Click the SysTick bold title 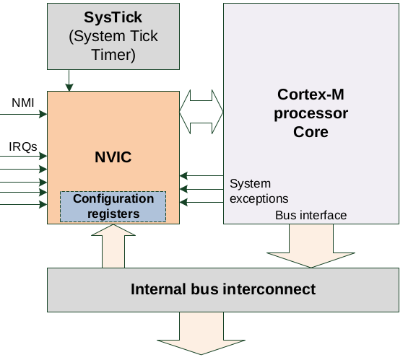pyautogui.click(x=113, y=17)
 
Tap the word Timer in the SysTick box pyautogui.click(x=113, y=54)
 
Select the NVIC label pyautogui.click(x=113, y=157)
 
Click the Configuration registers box pyautogui.click(x=113, y=206)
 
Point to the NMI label pyautogui.click(x=22, y=102)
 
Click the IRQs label pyautogui.click(x=23, y=147)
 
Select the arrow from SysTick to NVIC pyautogui.click(x=69, y=80)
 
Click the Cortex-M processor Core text pyautogui.click(x=311, y=113)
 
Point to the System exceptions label pyautogui.click(x=259, y=191)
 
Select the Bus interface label pyautogui.click(x=311, y=215)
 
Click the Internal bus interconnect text pyautogui.click(x=223, y=289)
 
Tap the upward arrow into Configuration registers pyautogui.click(x=113, y=246)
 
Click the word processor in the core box pyautogui.click(x=311, y=114)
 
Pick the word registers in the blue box pyautogui.click(x=113, y=214)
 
